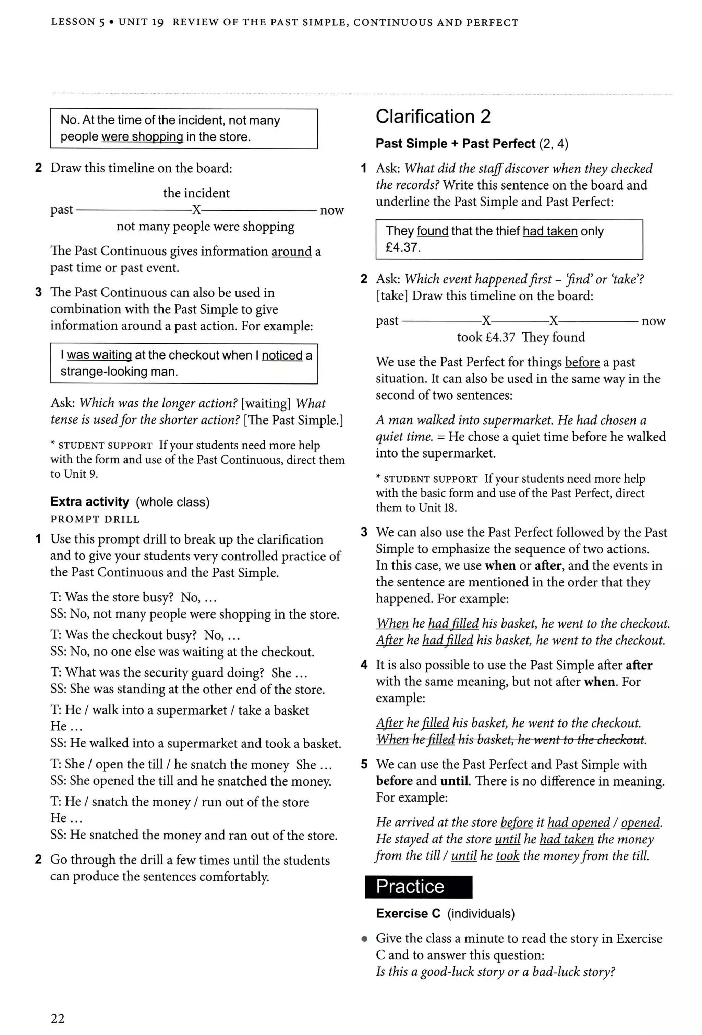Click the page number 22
58,1018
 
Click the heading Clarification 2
433,117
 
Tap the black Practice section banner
418,886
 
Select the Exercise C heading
408,913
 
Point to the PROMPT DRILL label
95,519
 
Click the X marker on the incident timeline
196,209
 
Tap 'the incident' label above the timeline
196,193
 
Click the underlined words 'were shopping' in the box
142,137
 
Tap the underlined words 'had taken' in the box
550,231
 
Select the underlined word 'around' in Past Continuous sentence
291,251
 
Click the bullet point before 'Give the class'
364,939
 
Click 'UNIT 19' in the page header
141,22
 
